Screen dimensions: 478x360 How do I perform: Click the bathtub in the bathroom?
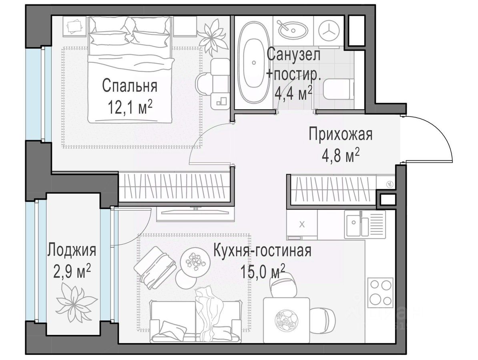[x=254, y=63]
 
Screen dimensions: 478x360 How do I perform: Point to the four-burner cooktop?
[x=380, y=292]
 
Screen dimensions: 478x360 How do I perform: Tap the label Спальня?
[x=130, y=86]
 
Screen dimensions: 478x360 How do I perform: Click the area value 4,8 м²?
[x=341, y=156]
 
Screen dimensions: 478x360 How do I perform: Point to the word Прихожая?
[x=341, y=134]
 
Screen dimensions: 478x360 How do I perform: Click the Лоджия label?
[x=72, y=250]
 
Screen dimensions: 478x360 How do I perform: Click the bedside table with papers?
[x=75, y=26]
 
